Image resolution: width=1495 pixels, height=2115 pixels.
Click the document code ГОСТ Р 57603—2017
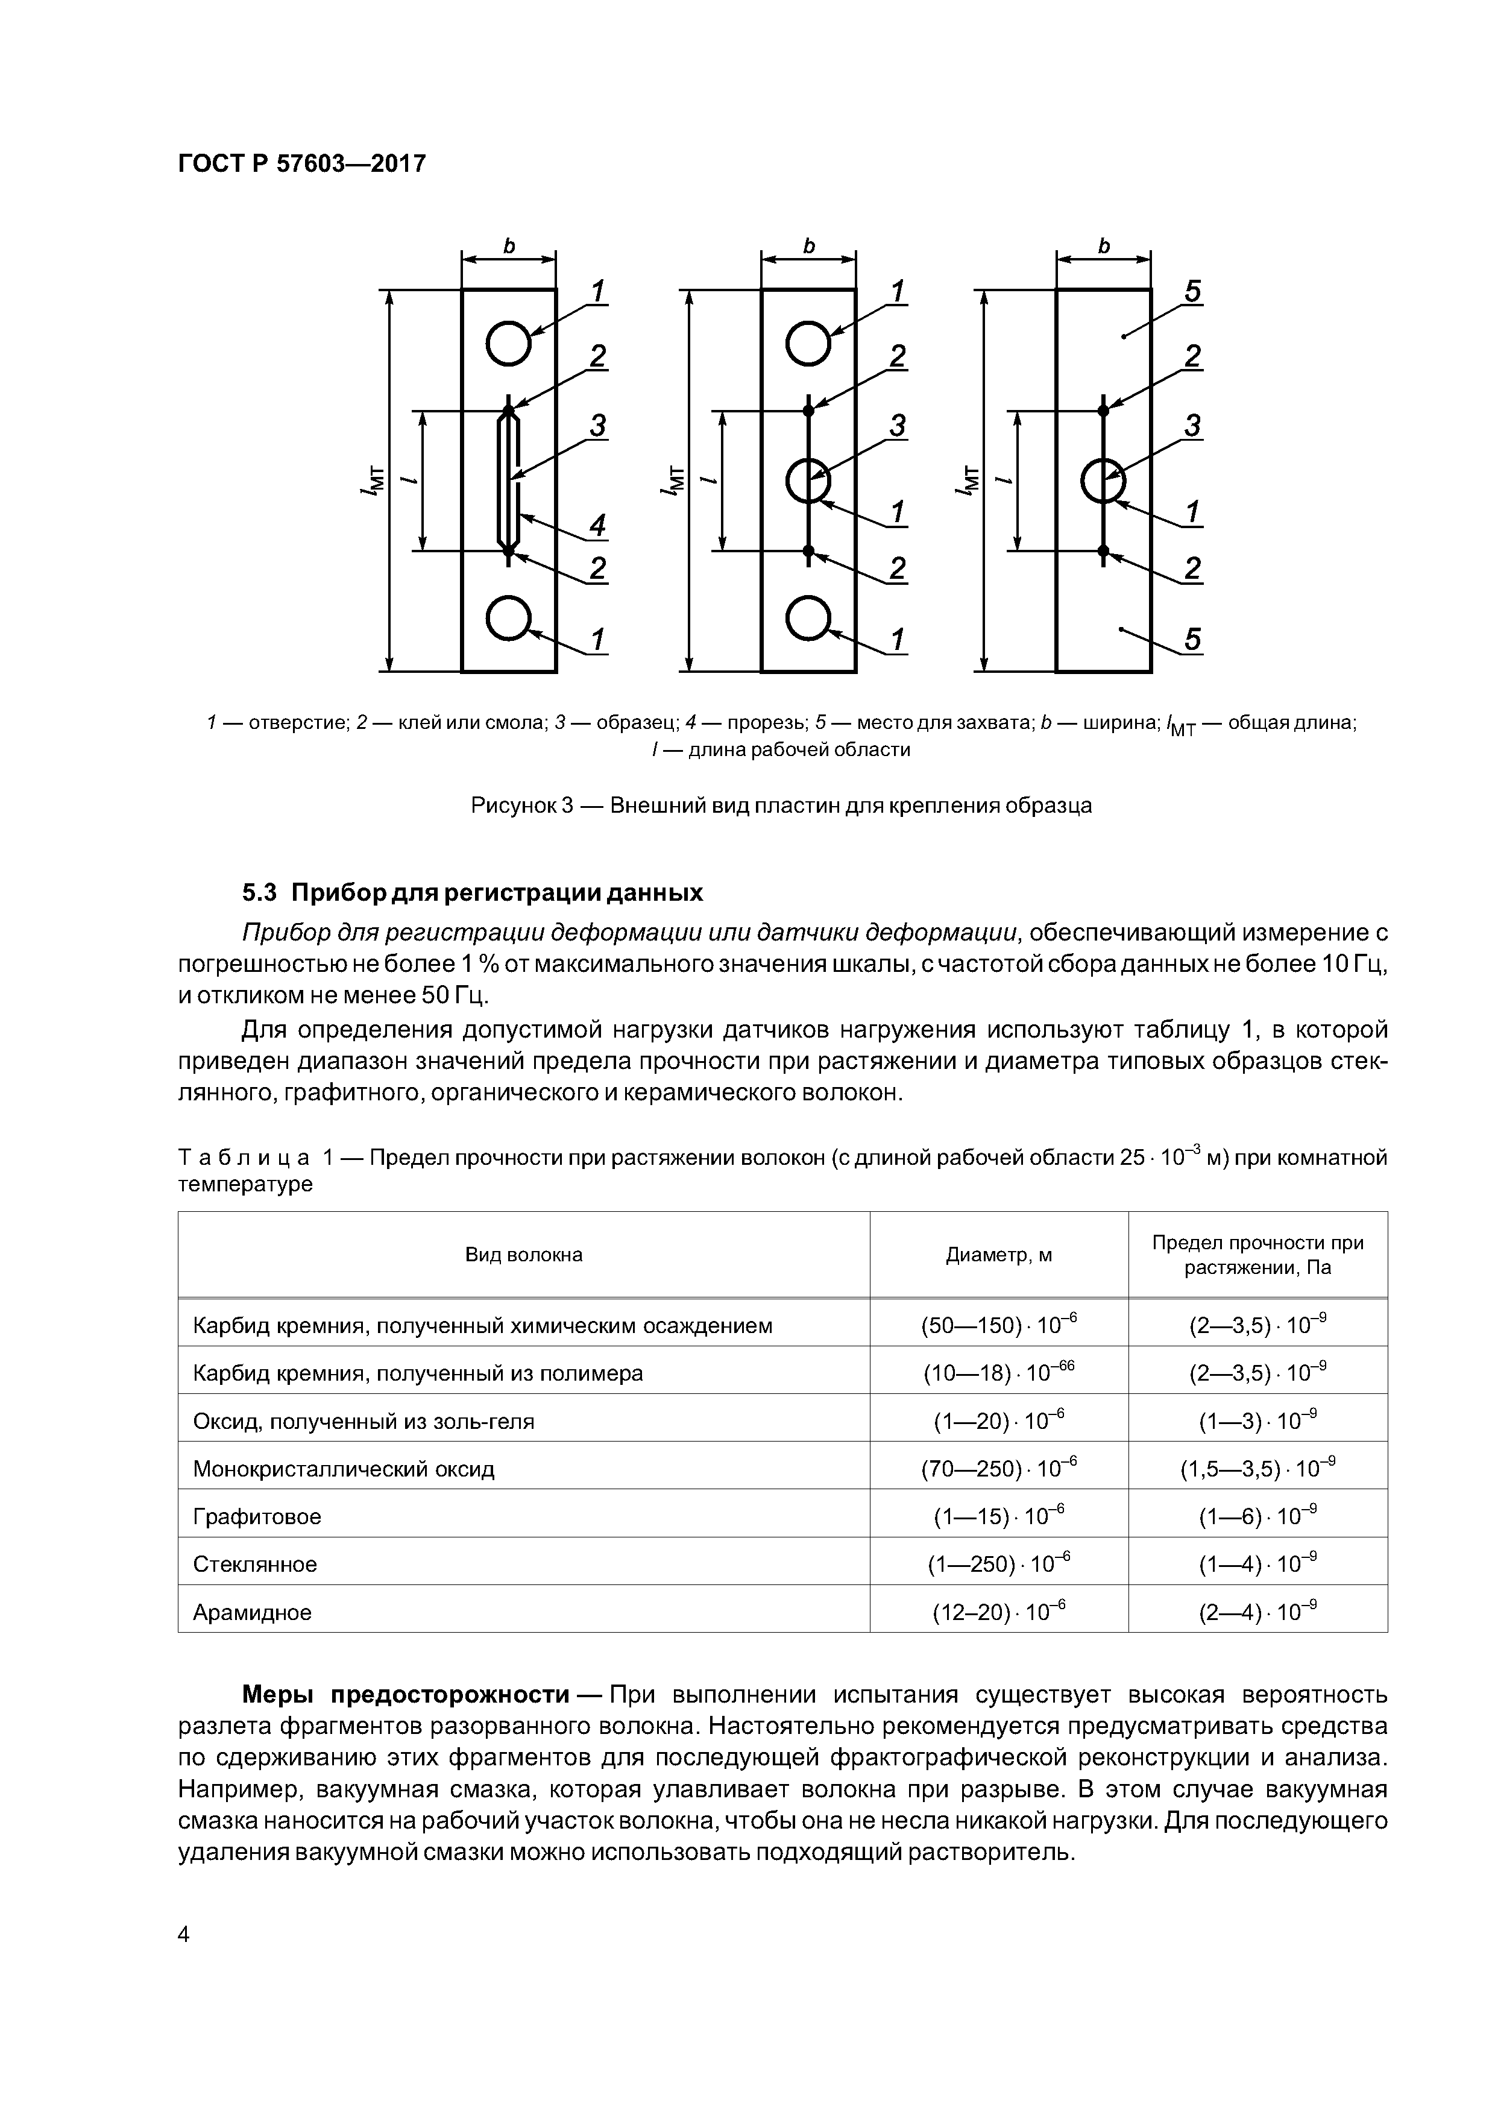coord(302,164)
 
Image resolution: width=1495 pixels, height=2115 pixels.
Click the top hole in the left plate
coord(508,344)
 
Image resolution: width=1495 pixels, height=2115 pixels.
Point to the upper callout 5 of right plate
coord(1192,292)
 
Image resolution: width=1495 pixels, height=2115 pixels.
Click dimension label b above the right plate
coord(1104,246)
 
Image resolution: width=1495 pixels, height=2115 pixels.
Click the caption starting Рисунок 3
coord(781,805)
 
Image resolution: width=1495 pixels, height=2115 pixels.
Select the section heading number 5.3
coord(260,893)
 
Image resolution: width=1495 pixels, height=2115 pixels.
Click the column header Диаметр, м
coord(998,1255)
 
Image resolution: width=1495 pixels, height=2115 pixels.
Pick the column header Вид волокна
coord(523,1255)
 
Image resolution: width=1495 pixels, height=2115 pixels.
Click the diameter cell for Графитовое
coord(998,1516)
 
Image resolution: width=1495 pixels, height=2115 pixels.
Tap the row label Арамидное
coord(253,1612)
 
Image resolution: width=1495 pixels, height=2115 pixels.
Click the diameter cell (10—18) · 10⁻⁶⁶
coord(998,1373)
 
